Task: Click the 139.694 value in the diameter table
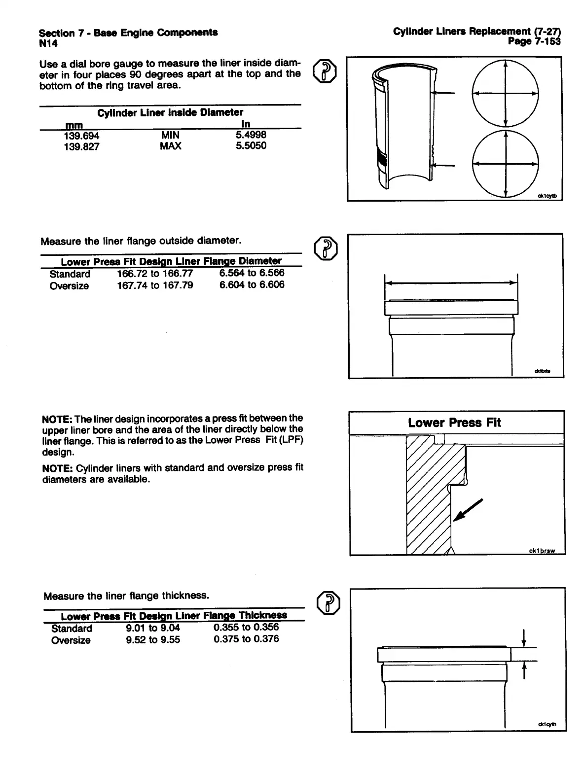[x=81, y=136]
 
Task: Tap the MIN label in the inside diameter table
[x=170, y=135]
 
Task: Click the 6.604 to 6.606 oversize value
[x=252, y=284]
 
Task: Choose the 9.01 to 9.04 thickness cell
[x=153, y=628]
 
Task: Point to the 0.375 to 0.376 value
[x=246, y=639]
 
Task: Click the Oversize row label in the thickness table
[x=71, y=640]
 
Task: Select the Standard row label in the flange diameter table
[x=70, y=274]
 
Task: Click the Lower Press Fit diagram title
[x=454, y=423]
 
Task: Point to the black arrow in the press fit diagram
[x=466, y=510]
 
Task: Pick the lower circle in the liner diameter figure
[x=505, y=164]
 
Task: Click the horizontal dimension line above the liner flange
[x=451, y=283]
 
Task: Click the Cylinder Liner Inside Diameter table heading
[x=170, y=112]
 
